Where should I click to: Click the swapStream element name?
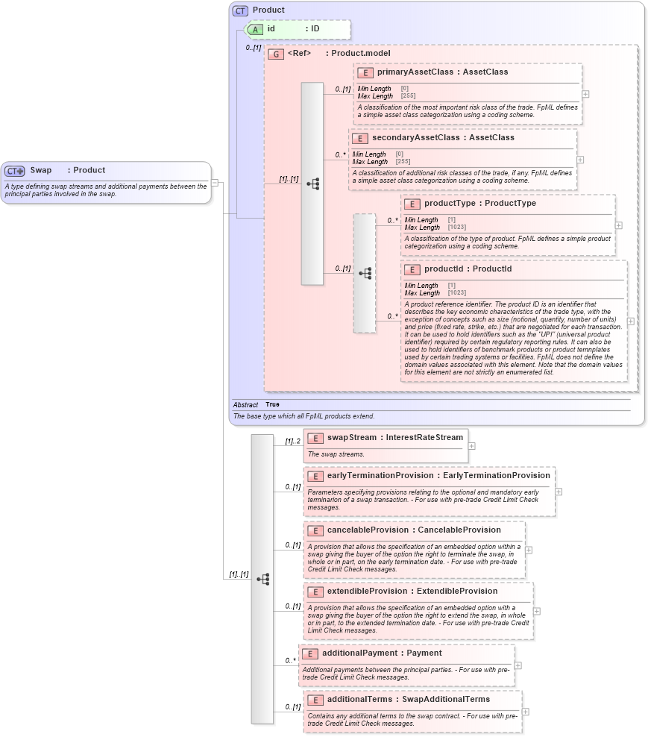click(x=352, y=437)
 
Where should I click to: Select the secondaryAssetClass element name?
click(x=414, y=137)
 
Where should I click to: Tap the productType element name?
click(x=449, y=203)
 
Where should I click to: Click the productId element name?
click(x=446, y=269)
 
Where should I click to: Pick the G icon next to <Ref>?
click(x=276, y=54)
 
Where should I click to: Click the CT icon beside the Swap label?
click(x=15, y=171)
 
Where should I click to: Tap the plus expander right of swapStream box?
click(x=472, y=446)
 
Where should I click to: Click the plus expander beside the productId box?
click(x=631, y=322)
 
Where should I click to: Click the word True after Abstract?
click(x=273, y=404)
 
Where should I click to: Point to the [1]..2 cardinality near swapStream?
click(x=292, y=441)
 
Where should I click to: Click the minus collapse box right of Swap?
click(x=215, y=181)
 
